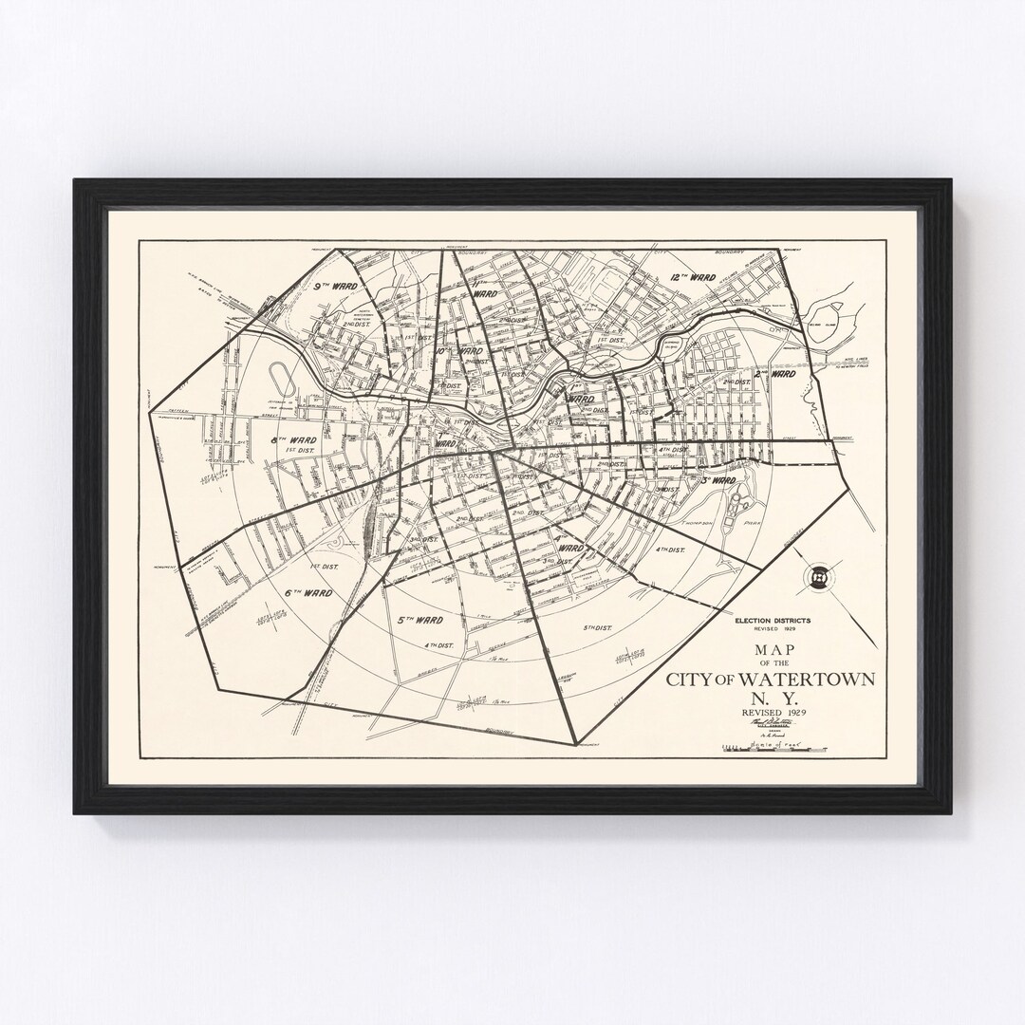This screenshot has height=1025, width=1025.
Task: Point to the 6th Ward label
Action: [x=308, y=592]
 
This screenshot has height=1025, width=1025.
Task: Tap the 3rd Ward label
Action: [x=717, y=481]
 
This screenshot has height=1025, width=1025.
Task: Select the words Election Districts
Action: [x=772, y=620]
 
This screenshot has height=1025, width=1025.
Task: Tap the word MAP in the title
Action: [x=771, y=649]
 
